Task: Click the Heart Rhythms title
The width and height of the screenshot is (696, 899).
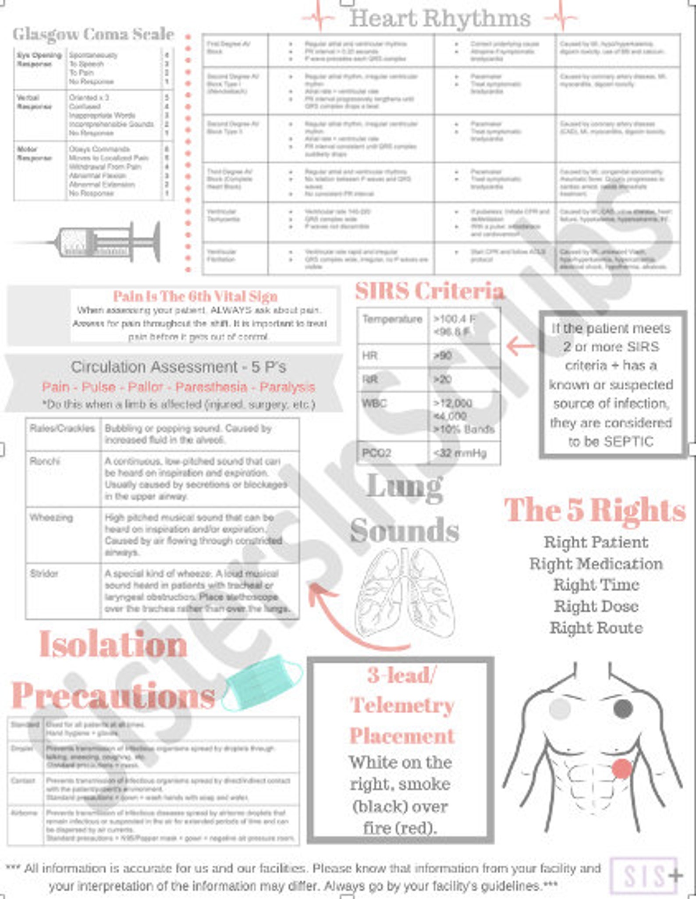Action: click(440, 18)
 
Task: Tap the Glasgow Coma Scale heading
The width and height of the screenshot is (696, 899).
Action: click(93, 34)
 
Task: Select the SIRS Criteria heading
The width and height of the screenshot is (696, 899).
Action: click(429, 291)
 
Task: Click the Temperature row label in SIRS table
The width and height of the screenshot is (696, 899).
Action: click(392, 319)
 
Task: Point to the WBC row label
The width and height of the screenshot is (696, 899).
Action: click(374, 403)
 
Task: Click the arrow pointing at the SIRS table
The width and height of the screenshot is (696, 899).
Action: click(520, 346)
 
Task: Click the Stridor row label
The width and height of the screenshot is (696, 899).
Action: click(44, 573)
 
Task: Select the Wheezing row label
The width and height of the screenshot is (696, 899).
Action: click(51, 517)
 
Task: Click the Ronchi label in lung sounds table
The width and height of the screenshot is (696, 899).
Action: click(45, 461)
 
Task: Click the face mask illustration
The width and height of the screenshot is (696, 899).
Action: click(262, 682)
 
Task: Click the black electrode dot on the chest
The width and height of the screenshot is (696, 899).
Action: click(623, 708)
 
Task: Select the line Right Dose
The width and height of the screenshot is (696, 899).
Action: click(596, 606)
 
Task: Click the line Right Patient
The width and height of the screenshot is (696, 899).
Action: click(596, 542)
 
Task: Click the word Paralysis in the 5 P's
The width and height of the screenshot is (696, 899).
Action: click(287, 387)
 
